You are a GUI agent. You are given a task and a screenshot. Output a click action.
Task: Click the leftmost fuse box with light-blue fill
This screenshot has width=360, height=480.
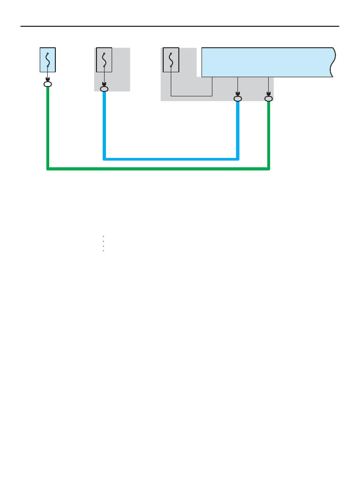tap(48, 60)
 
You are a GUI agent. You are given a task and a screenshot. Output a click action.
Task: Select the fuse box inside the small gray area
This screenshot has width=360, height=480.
tap(104, 60)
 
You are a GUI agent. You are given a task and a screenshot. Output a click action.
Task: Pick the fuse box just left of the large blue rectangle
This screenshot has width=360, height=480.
tap(171, 60)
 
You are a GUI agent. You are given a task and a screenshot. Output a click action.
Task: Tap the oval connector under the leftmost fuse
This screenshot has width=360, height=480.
tap(48, 84)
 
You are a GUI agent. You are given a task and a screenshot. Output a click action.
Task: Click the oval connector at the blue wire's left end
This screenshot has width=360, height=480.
tap(104, 89)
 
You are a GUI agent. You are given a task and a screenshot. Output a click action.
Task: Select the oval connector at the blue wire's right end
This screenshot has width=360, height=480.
tap(238, 98)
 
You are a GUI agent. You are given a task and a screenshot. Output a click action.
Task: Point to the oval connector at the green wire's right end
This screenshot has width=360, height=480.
tap(269, 98)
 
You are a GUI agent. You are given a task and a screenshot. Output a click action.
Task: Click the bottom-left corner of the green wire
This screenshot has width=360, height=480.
tap(48, 169)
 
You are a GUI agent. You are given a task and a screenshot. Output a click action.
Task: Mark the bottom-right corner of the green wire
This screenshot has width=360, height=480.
tap(269, 169)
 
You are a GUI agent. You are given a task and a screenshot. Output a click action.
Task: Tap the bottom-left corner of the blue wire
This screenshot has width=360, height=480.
tap(105, 159)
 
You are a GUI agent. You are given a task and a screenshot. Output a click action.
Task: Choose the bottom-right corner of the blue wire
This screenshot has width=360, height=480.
tap(238, 159)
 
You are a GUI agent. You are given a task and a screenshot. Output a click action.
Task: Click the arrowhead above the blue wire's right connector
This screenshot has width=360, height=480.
tap(238, 93)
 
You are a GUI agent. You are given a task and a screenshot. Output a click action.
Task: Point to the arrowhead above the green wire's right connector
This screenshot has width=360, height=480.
tap(269, 93)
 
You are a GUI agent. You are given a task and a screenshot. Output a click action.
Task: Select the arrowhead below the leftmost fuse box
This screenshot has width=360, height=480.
tap(48, 79)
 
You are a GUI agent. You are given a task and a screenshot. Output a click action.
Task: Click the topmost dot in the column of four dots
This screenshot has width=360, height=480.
tap(103, 237)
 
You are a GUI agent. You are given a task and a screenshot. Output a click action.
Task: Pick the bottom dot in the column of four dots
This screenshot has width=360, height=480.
tap(103, 251)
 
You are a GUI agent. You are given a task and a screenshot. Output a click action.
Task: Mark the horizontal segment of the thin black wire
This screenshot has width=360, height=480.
tap(191, 96)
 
